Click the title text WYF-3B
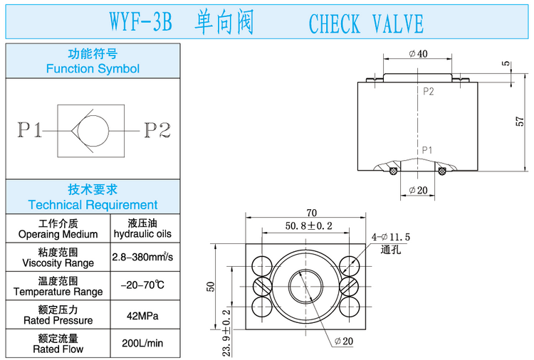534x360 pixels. pos(142,23)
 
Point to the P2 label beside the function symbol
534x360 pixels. pos(158,131)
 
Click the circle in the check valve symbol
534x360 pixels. pos(93,131)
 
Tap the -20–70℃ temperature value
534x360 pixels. pos(145,286)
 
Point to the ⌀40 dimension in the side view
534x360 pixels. pos(418,54)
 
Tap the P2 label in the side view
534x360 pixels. pos(429,91)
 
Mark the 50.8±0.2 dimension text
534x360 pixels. pos(309,226)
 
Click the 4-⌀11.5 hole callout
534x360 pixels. pos(390,237)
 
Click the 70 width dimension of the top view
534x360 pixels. pos(311,213)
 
